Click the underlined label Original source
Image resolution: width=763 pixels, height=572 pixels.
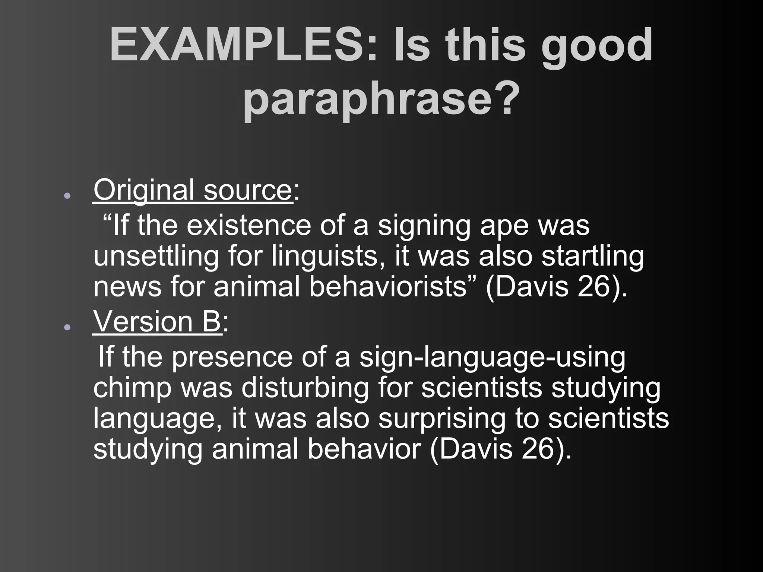point(192,190)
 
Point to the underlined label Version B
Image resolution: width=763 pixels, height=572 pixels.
point(157,321)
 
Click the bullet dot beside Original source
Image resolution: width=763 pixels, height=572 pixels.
point(67,196)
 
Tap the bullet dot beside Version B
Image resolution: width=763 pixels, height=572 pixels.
point(67,327)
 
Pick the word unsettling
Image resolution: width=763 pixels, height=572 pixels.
point(156,256)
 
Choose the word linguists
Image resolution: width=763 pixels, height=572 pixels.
point(329,256)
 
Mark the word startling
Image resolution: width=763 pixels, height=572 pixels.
point(592,256)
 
